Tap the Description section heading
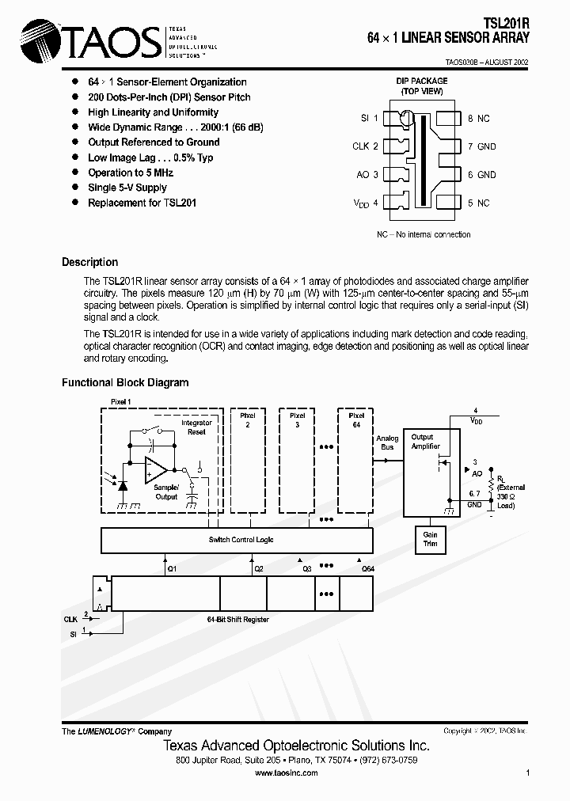point(89,262)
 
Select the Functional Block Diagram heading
point(125,382)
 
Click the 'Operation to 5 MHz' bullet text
point(131,173)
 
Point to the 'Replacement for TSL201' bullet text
point(142,203)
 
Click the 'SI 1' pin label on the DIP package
point(369,118)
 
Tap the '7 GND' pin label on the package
point(481,146)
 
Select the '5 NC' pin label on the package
point(478,203)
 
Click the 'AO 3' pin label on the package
point(367,175)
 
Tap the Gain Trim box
point(430,540)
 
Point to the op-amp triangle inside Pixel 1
point(155,470)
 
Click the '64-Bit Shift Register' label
point(237,619)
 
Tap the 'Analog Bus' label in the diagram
point(387,442)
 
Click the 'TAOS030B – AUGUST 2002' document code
point(482,62)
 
